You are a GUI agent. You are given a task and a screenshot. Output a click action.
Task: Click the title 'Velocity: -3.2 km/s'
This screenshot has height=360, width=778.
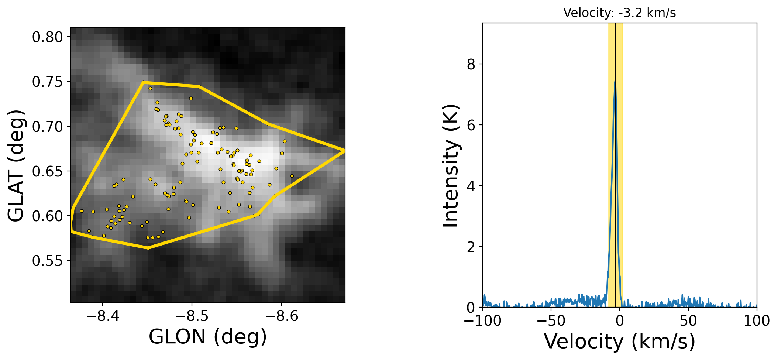pos(619,13)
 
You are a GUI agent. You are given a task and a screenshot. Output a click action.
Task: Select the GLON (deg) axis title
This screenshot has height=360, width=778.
pos(207,337)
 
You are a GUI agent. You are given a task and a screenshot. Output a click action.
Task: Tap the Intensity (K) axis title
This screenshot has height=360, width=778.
pos(451,166)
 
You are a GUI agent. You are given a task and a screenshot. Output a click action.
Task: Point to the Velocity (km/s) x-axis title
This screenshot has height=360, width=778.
pos(619,341)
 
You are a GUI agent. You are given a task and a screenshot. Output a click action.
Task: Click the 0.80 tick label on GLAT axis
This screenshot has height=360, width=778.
pos(48,37)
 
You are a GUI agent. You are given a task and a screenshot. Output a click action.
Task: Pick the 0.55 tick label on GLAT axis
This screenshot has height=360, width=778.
pos(48,261)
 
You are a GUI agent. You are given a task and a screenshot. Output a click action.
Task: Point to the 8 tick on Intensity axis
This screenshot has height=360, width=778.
pos(471,65)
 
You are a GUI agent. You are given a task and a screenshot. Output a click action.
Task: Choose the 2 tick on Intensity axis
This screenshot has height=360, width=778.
pos(471,247)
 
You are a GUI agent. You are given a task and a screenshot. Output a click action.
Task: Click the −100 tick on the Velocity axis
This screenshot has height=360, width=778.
pos(483,321)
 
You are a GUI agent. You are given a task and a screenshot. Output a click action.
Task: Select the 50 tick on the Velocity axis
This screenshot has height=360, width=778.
pos(688,321)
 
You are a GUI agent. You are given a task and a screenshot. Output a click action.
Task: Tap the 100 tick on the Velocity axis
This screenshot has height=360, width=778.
pos(757,321)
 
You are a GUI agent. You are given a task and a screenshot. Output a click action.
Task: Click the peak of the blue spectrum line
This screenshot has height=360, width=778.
pos(615,80)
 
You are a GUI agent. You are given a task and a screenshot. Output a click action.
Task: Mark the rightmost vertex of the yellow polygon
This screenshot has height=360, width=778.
pos(344,151)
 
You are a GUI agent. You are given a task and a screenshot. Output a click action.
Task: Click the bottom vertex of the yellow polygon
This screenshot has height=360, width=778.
pos(148,248)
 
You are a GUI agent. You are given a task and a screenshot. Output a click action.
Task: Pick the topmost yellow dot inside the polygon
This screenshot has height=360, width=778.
pos(150,88)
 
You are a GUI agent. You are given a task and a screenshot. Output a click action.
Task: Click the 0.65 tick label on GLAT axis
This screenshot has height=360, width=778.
pos(48,172)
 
